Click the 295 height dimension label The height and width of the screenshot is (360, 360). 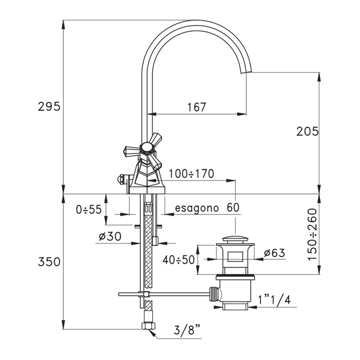(x=49, y=106)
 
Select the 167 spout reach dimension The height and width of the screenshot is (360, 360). (x=197, y=107)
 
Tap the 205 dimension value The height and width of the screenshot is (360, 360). (x=308, y=132)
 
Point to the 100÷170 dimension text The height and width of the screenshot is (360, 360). (x=191, y=174)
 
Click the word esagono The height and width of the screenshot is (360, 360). (x=196, y=208)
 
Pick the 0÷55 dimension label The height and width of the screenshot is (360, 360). (x=88, y=209)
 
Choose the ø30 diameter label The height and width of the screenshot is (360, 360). (x=110, y=236)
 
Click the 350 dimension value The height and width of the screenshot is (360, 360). (x=49, y=262)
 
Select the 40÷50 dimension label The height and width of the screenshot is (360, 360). (x=178, y=260)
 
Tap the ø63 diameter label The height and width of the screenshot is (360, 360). (x=274, y=253)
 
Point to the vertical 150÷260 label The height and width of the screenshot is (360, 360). (x=313, y=234)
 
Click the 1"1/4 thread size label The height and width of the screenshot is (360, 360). (x=274, y=300)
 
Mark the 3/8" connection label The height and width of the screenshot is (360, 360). (x=187, y=330)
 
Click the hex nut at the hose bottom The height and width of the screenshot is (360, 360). (x=147, y=326)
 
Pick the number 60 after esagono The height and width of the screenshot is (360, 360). (x=233, y=207)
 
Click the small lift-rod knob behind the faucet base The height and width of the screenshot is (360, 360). (x=120, y=179)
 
